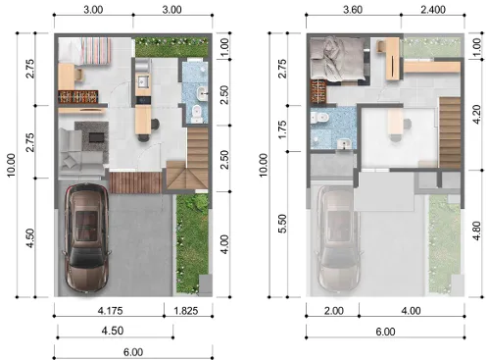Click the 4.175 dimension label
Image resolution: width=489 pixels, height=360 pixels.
pyautogui.click(x=110, y=310)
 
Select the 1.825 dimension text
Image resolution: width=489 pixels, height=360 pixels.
pyautogui.click(x=186, y=310)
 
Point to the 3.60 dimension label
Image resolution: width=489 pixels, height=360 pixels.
pyautogui.click(x=353, y=10)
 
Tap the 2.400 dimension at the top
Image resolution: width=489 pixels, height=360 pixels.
pyautogui.click(x=433, y=10)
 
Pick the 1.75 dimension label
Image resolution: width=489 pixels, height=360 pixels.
pyautogui.click(x=283, y=129)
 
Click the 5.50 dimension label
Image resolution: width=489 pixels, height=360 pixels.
pyautogui.click(x=283, y=224)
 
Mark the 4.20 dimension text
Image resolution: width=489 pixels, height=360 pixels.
pyautogui.click(x=477, y=114)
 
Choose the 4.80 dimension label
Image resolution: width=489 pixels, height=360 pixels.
pyautogui.click(x=477, y=231)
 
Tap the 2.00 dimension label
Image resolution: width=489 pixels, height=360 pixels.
pyautogui.click(x=333, y=310)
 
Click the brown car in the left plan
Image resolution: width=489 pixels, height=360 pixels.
pyautogui.click(x=86, y=237)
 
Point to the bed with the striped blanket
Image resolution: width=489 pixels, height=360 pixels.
pyautogui.click(x=84, y=51)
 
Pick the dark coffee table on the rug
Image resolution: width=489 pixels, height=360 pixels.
pyautogui.click(x=96, y=137)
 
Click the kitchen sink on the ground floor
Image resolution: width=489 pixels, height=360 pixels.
pyautogui.click(x=143, y=81)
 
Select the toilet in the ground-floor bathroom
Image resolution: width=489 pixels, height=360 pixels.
pyautogui.click(x=197, y=114)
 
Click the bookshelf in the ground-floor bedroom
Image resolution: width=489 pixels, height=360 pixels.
pyautogui.click(x=78, y=96)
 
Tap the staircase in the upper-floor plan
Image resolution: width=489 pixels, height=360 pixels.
pyautogui.click(x=450, y=132)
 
